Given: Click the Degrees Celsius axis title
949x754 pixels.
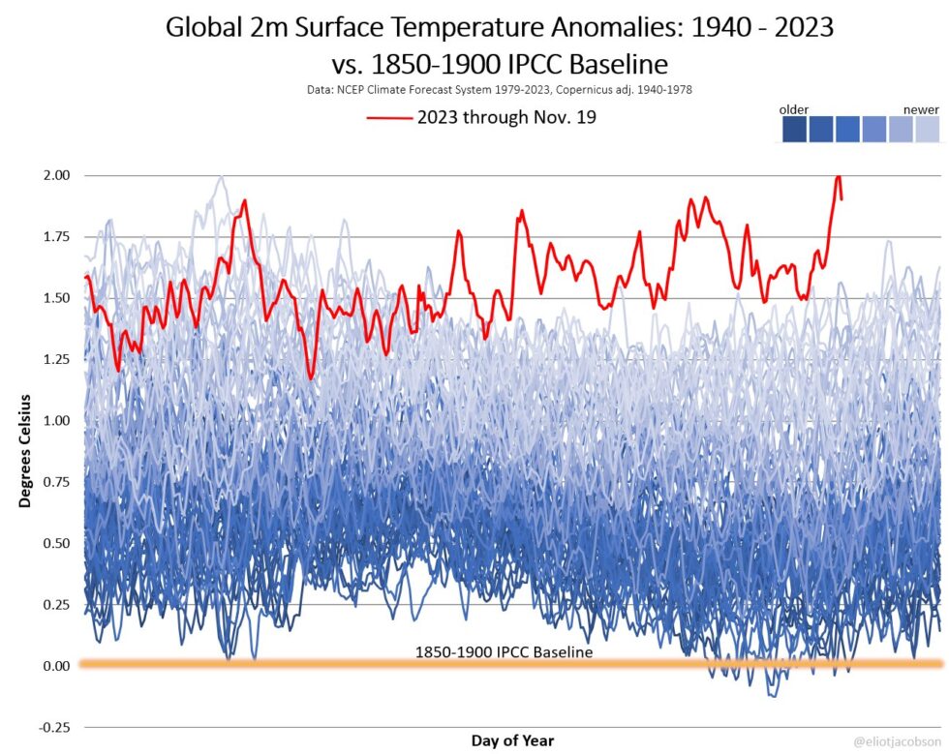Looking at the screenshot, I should click(25, 451).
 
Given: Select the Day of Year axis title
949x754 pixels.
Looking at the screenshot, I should click(513, 740).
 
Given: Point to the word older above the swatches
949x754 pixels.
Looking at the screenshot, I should click(794, 109).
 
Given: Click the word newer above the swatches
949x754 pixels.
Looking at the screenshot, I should click(921, 109).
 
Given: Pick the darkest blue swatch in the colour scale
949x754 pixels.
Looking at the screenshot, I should click(794, 130).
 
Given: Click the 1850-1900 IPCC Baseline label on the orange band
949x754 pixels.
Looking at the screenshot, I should click(503, 652).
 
